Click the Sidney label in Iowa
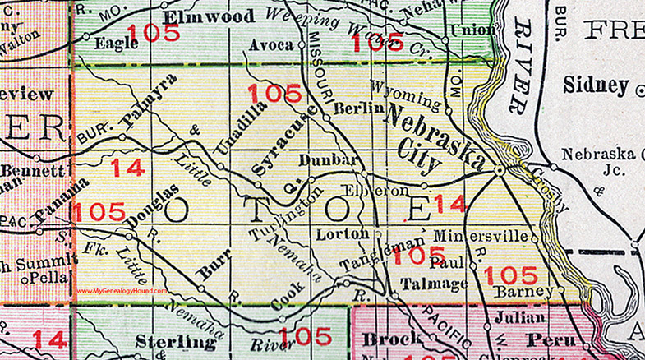(596, 85)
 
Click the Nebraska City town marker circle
(499, 170)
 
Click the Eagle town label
(110, 44)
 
